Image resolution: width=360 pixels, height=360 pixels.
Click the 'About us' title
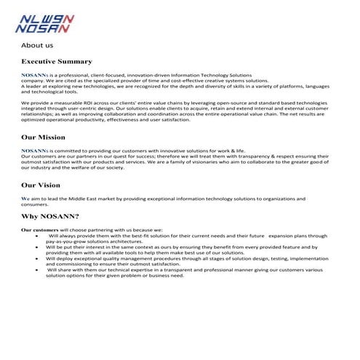pyautogui.click(x=36, y=44)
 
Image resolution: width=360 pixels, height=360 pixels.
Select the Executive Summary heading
pyautogui.click(x=57, y=61)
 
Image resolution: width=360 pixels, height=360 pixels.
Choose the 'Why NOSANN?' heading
pyautogui.click(x=50, y=215)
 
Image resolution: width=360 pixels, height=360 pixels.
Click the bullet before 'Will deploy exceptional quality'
pyautogui.click(x=37, y=258)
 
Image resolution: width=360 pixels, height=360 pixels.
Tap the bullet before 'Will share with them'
pyautogui.click(x=37, y=269)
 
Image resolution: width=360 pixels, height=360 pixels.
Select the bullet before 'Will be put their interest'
pyautogui.click(x=37, y=247)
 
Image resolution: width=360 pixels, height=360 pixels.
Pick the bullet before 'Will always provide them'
pyautogui.click(x=37, y=236)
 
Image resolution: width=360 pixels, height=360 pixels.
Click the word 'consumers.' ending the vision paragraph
pyautogui.click(x=35, y=204)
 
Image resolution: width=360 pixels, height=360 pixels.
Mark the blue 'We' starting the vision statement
pyautogui.click(x=25, y=198)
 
